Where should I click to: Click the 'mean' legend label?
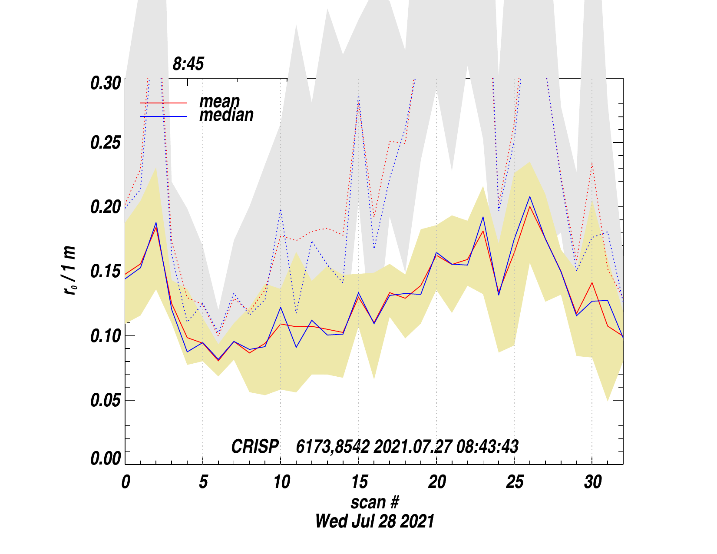tap(219, 101)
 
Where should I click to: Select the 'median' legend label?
tap(226, 115)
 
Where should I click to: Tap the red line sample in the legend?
tap(164, 103)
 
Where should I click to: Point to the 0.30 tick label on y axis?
tap(106, 83)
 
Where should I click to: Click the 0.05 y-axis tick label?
tap(106, 400)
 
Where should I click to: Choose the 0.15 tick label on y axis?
tap(106, 272)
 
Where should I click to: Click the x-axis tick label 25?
tap(515, 482)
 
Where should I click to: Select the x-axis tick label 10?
tap(281, 482)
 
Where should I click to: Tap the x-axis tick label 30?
tap(592, 482)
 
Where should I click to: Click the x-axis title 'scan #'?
tap(374, 502)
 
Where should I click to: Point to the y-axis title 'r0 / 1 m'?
tap(70, 271)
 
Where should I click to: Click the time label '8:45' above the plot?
tap(188, 64)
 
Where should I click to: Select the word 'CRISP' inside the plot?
tap(255, 447)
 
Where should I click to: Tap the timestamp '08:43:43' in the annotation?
tap(487, 447)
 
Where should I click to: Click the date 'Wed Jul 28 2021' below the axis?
tap(374, 521)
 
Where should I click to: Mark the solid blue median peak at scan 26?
tap(530, 197)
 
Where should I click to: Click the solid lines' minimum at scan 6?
tap(218, 360)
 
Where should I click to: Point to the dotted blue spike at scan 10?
tap(281, 210)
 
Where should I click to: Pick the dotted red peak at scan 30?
tap(592, 164)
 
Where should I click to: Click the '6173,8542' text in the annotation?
tap(333, 447)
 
